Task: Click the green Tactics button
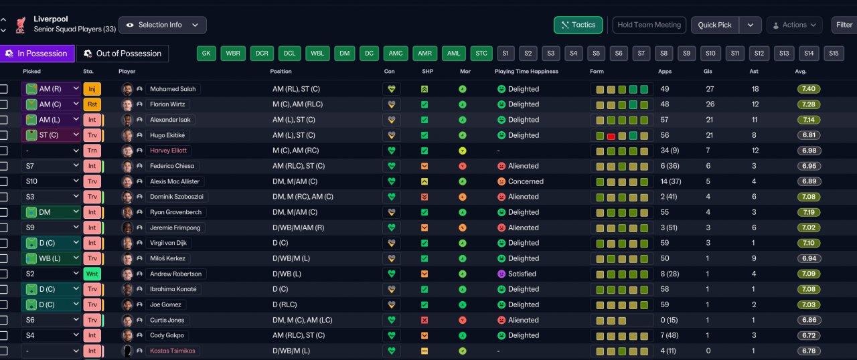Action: [x=578, y=25]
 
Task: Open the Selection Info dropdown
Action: [x=163, y=25]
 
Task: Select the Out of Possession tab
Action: [x=123, y=54]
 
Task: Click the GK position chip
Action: [x=206, y=54]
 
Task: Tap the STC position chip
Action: [x=481, y=54]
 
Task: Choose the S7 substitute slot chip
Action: [x=641, y=54]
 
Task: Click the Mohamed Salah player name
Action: [x=174, y=89]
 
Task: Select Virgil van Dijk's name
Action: [x=175, y=243]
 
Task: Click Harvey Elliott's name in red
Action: [x=168, y=151]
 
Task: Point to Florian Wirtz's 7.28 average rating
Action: [x=807, y=104]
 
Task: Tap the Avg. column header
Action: [x=801, y=71]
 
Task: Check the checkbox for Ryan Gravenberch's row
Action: [x=4, y=212]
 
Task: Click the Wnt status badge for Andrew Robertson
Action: [x=92, y=274]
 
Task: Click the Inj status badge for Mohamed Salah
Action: [x=92, y=89]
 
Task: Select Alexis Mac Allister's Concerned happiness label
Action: [x=526, y=181]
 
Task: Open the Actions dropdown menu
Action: [x=794, y=25]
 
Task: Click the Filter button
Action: [x=844, y=25]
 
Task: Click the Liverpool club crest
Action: [x=20, y=25]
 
